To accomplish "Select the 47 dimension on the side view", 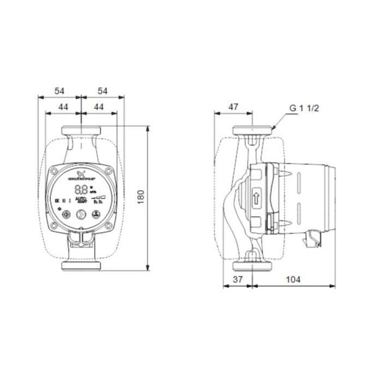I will pos(233,107).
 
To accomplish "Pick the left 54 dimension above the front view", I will pos(60,91).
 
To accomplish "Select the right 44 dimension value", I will pos(97,107).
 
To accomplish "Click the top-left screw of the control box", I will pos(56,172).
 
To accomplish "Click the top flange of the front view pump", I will pos(81,131).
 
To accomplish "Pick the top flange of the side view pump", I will pos(252,131).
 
